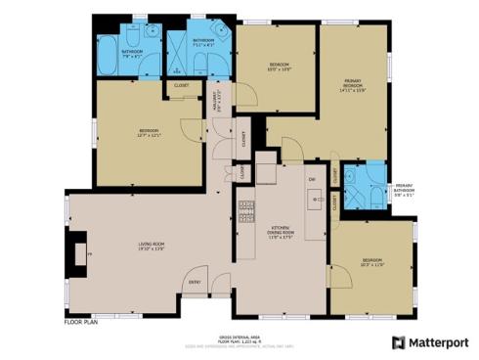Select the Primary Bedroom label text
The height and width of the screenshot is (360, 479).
point(353,86)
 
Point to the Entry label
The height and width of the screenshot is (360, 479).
point(195,283)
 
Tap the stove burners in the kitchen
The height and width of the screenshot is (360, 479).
point(246,209)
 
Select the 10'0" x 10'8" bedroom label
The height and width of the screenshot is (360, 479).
point(275,67)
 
